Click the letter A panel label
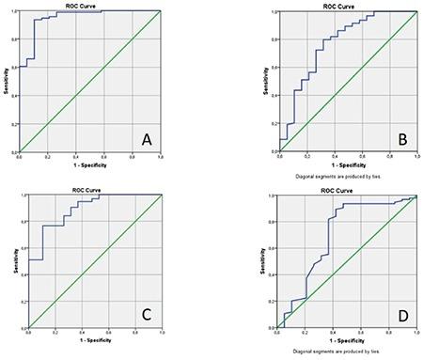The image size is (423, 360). point(146,139)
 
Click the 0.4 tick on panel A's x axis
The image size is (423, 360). point(75,158)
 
